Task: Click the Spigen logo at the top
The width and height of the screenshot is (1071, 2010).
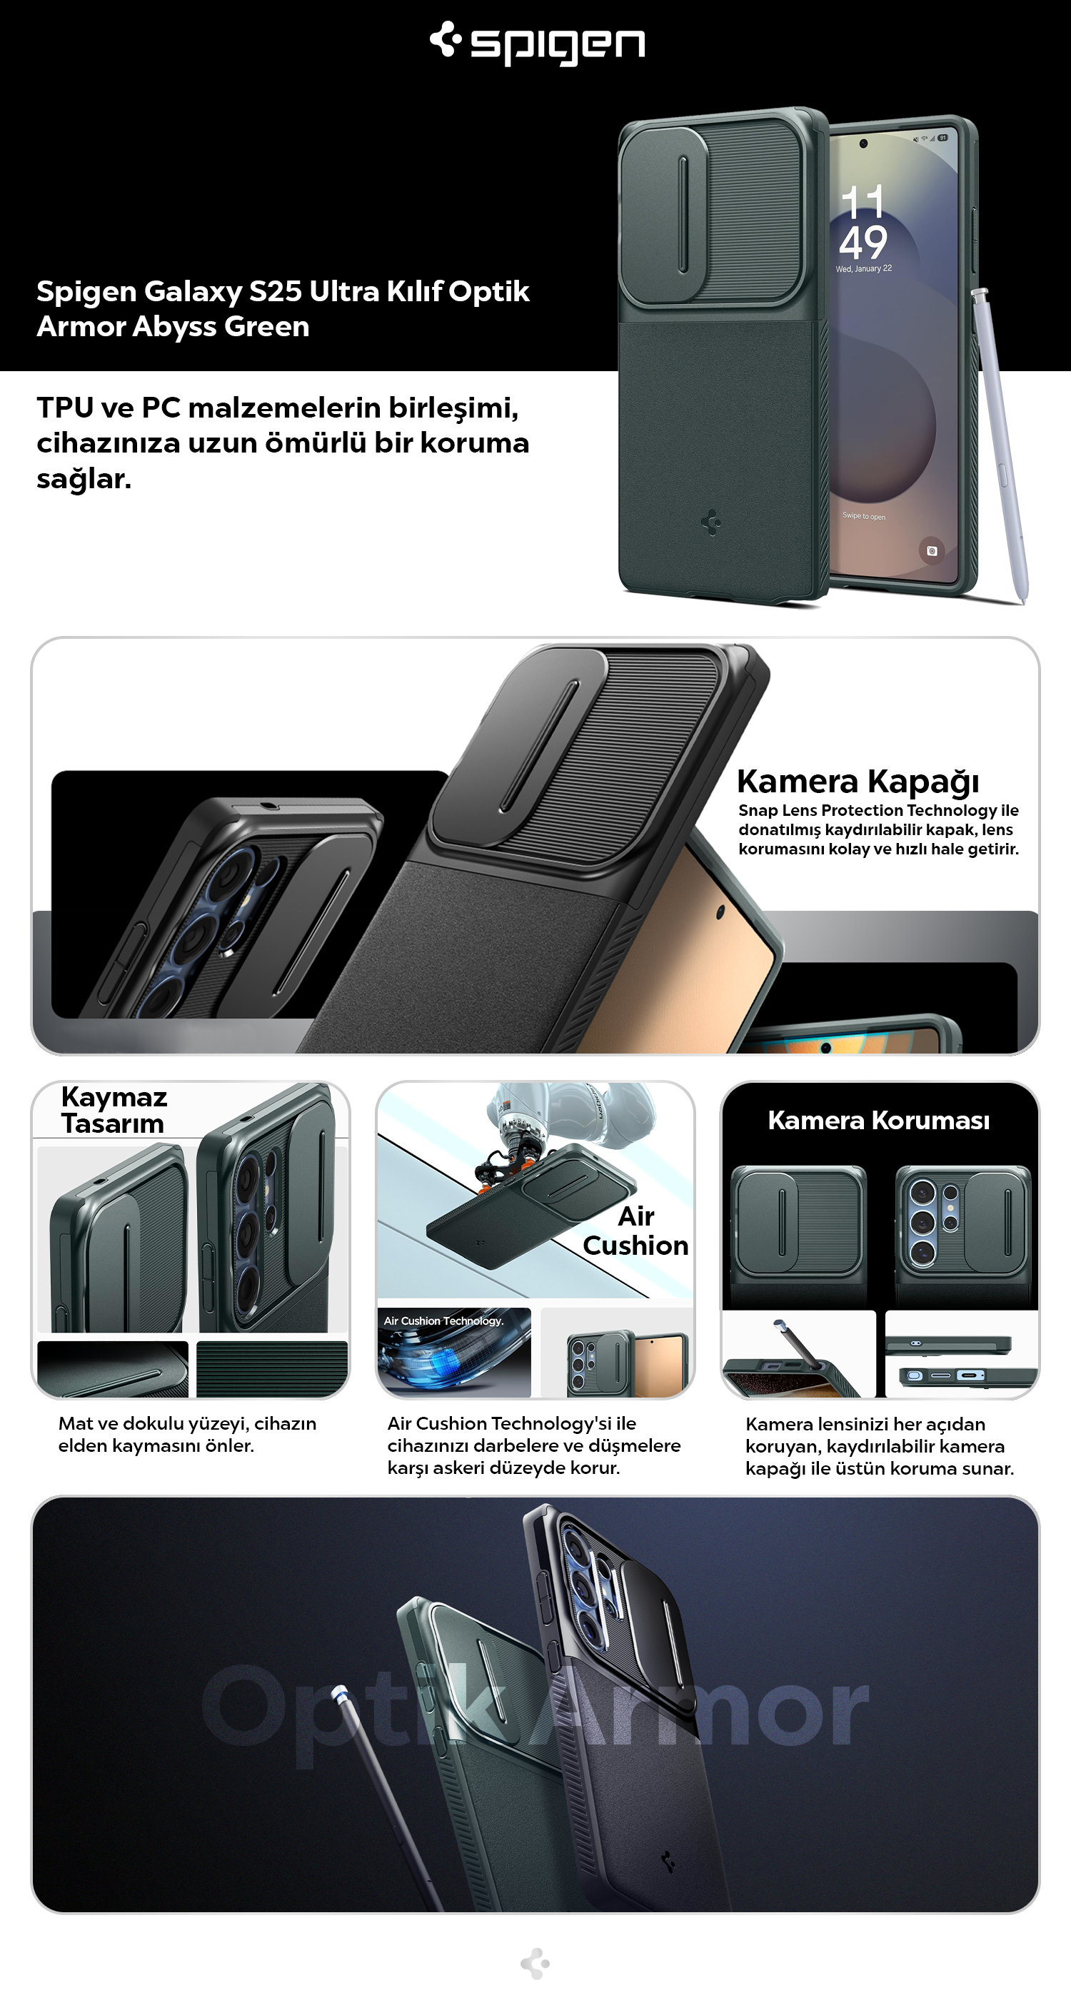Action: coord(537,43)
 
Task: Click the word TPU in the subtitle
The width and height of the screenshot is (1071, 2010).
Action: coord(66,408)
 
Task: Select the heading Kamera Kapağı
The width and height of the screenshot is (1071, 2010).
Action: coord(858,781)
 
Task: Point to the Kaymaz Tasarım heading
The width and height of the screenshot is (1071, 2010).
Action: coord(114,1109)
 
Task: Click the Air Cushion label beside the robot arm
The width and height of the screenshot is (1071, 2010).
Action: coord(635,1231)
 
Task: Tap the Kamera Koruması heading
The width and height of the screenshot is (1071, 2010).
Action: coord(878,1121)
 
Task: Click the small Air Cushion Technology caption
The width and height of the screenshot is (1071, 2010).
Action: coord(443,1321)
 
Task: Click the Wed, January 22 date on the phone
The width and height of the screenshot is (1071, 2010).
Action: coord(863,268)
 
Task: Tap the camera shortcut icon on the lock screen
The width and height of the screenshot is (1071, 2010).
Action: coord(931,551)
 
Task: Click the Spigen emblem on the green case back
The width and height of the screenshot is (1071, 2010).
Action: coord(711,522)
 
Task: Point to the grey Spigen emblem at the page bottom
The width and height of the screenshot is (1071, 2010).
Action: coord(535,1963)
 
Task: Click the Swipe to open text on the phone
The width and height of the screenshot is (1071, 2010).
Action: coord(863,516)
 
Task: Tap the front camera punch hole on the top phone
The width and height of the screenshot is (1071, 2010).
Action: coord(863,143)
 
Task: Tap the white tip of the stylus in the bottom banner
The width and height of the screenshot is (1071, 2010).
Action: coord(338,1694)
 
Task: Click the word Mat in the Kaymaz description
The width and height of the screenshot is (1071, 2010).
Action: coord(75,1423)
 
